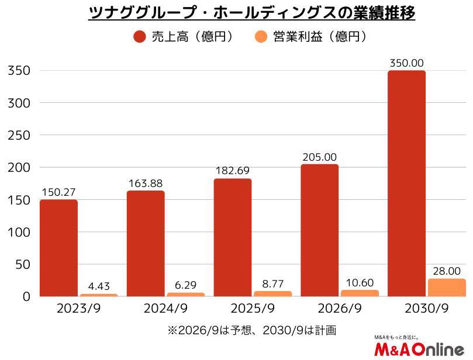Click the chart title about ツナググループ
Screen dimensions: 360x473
pyautogui.click(x=251, y=12)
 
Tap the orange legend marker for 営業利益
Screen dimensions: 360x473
pyautogui.click(x=261, y=37)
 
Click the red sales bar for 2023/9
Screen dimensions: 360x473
pyautogui.click(x=58, y=248)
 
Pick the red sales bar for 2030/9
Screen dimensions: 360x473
pyautogui.click(x=407, y=184)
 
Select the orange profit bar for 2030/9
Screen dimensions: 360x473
pyautogui.click(x=447, y=288)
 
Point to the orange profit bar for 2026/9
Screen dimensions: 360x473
pyautogui.click(x=360, y=293)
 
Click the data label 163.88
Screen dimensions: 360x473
pyautogui.click(x=146, y=183)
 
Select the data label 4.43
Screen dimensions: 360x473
pyautogui.click(x=99, y=286)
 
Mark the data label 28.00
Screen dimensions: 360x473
pyautogui.click(x=447, y=271)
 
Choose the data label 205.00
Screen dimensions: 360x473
pyautogui.click(x=320, y=157)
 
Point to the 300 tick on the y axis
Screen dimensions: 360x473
pyautogui.click(x=18, y=103)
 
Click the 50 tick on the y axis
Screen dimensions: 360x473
pyautogui.click(x=22, y=265)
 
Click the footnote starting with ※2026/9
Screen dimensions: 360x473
pyautogui.click(x=252, y=330)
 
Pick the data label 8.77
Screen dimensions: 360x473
pyautogui.click(x=273, y=283)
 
